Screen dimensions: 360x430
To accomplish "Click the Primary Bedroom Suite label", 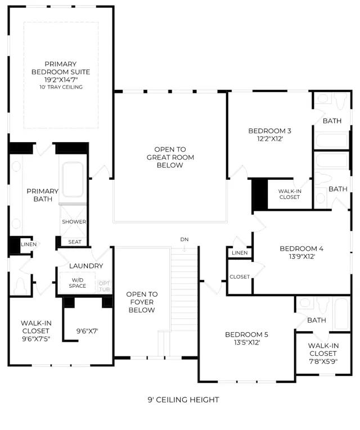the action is (x=61, y=68).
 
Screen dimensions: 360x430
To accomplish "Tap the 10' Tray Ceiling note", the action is (x=61, y=87).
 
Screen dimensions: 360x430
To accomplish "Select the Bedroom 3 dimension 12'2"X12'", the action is (x=270, y=139).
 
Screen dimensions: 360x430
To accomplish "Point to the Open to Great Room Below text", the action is (x=170, y=157).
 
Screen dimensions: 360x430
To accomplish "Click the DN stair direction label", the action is (x=184, y=239).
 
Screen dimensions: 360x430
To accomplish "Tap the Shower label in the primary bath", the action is (x=74, y=221).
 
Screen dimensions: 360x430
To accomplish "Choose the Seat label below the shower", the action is (x=75, y=242).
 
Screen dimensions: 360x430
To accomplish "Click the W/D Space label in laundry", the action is (x=78, y=283).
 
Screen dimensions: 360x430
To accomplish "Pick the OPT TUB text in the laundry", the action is (x=104, y=286).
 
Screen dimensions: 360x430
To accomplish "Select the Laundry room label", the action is (x=86, y=266).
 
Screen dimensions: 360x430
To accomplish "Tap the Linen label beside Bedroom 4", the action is (x=240, y=253).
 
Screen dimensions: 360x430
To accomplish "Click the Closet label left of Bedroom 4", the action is (x=240, y=277).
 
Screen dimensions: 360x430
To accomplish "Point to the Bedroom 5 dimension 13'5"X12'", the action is (x=247, y=342).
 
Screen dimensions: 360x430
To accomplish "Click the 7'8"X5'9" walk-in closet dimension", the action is (x=323, y=361).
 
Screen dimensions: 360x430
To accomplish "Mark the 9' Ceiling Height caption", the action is (x=183, y=400).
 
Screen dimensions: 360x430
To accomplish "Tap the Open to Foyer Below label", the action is (x=142, y=302).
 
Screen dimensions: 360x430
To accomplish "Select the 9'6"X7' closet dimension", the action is (x=87, y=331).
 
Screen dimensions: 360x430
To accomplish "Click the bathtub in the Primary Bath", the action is (x=73, y=180).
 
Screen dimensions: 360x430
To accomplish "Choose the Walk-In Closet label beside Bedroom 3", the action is (x=290, y=194).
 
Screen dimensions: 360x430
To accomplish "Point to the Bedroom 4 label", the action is (x=301, y=249).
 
